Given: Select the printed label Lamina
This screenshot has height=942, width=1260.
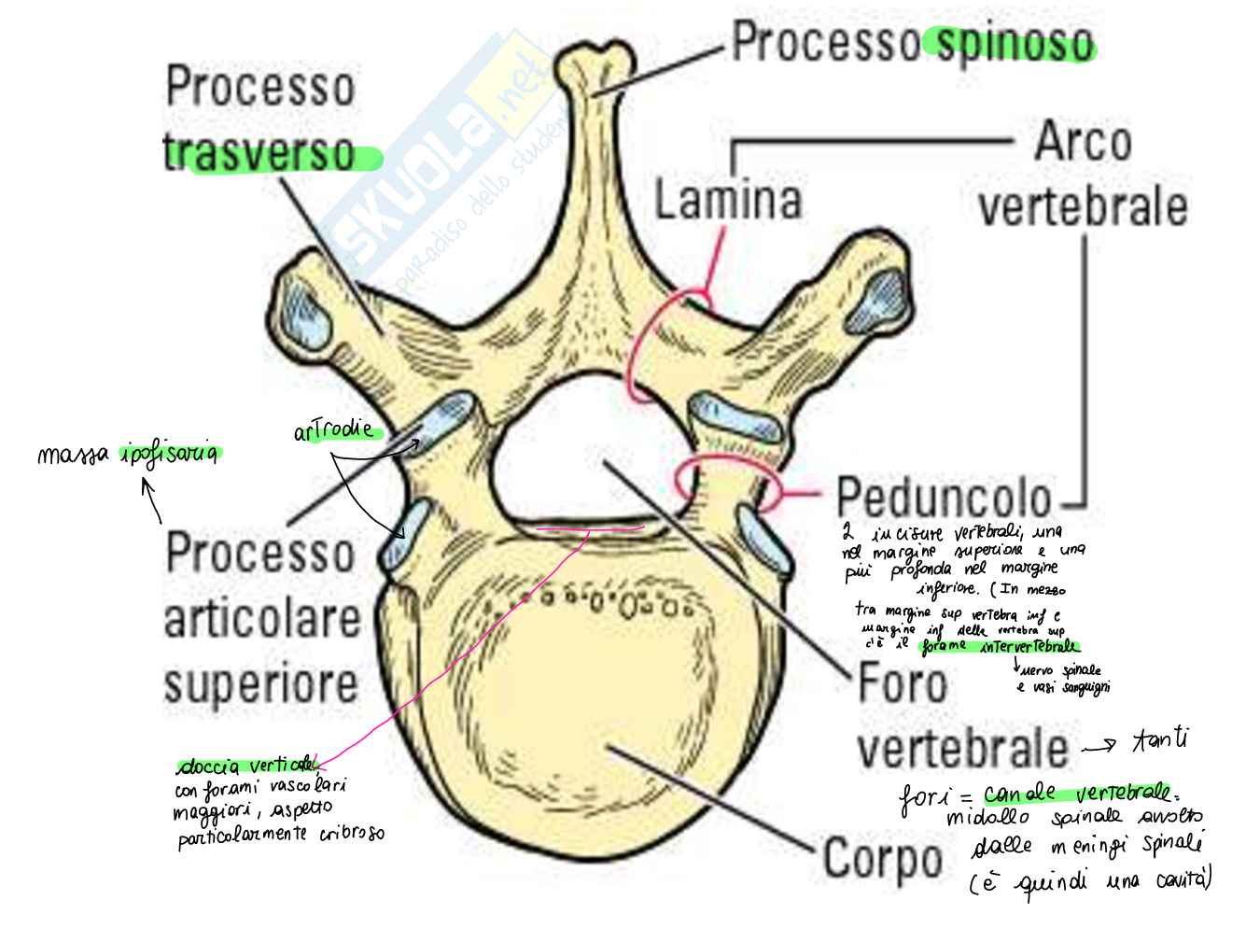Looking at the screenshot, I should point(728,201).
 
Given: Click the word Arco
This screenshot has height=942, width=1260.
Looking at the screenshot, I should point(1083,143).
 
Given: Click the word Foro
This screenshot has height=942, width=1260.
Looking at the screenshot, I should point(902,684).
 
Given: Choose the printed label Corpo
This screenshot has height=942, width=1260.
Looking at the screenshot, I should point(882,858).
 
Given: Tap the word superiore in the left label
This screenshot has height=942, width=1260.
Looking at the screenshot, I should point(261,684).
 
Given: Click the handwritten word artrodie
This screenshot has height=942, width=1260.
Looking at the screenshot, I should point(332,431).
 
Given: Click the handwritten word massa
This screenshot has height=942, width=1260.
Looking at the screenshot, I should point(75,456).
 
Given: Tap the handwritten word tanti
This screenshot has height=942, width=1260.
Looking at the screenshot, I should point(1160,742).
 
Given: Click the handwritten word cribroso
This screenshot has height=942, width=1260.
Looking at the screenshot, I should point(351,834).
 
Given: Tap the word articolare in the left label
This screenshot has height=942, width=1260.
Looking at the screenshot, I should point(261,620).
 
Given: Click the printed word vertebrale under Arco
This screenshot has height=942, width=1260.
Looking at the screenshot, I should point(1083,207).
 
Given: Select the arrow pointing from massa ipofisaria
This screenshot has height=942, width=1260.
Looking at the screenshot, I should point(152,499).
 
